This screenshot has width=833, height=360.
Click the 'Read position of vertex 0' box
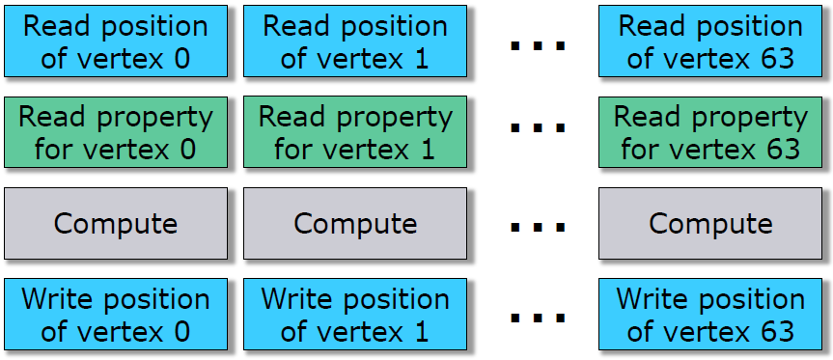116,42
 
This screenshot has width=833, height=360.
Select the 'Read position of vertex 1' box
355,42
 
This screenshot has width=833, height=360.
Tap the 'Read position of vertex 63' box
710,42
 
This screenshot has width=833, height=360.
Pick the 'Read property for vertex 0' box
116,132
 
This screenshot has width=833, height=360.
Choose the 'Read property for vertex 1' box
355,132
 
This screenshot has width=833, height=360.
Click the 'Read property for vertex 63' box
710,132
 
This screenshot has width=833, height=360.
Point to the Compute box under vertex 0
116,224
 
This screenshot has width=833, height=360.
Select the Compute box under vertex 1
355,224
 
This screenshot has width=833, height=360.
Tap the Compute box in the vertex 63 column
710,224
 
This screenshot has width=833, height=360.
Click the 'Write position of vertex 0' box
116,315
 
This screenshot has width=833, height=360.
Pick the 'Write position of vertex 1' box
355,315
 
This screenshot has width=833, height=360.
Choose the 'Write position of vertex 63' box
710,315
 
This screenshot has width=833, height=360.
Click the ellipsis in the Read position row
538,45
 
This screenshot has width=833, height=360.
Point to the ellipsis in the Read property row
538,127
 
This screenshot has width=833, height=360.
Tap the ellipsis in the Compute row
538,228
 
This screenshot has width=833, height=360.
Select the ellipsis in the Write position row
538,318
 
